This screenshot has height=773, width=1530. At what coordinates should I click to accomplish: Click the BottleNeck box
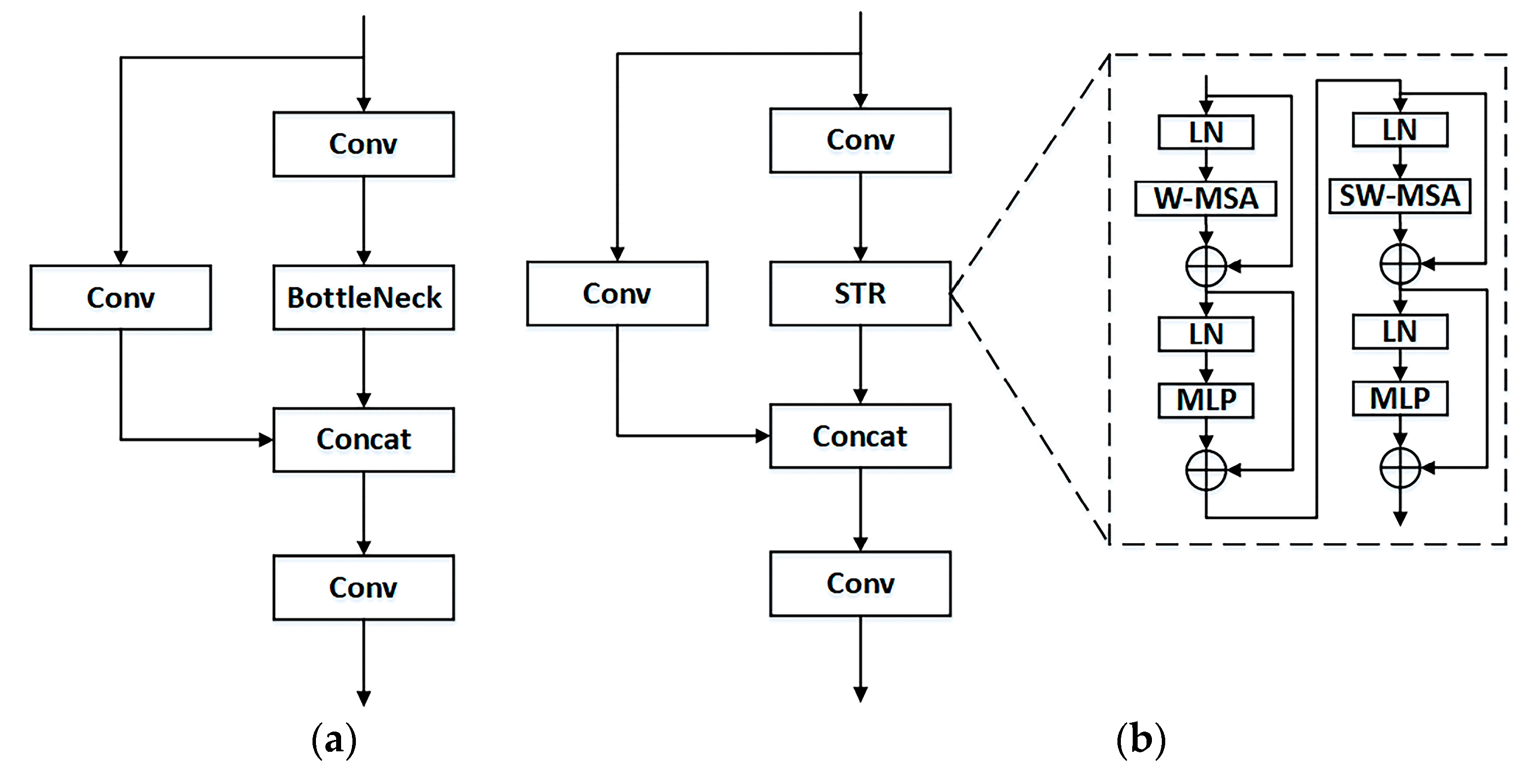click(x=363, y=297)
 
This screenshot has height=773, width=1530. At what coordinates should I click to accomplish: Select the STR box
click(x=860, y=293)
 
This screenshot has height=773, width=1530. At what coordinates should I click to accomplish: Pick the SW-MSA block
click(x=1400, y=196)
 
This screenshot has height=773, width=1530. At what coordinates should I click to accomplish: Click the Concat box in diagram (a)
click(x=363, y=440)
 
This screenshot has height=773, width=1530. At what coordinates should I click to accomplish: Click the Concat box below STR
click(x=860, y=436)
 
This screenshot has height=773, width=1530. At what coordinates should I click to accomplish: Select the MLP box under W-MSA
click(x=1206, y=400)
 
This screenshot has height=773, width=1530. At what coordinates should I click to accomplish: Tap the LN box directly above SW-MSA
click(x=1400, y=130)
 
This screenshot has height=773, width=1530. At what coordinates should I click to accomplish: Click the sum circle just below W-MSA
click(x=1206, y=266)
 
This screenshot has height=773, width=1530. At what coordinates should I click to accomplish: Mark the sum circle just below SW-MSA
click(x=1400, y=264)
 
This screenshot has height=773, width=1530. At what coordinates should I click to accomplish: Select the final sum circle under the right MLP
click(x=1400, y=468)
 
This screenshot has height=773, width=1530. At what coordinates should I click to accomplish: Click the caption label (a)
click(x=334, y=740)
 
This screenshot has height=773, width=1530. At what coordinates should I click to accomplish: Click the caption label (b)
click(x=1141, y=740)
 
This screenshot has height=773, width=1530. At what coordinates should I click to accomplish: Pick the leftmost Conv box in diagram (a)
click(x=121, y=297)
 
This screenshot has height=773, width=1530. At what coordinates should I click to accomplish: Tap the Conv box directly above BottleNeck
click(x=363, y=144)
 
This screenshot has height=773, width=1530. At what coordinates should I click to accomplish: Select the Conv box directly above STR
click(x=860, y=140)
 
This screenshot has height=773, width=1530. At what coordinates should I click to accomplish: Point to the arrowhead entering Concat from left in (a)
click(x=266, y=440)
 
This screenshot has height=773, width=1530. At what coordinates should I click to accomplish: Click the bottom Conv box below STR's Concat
click(x=860, y=584)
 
